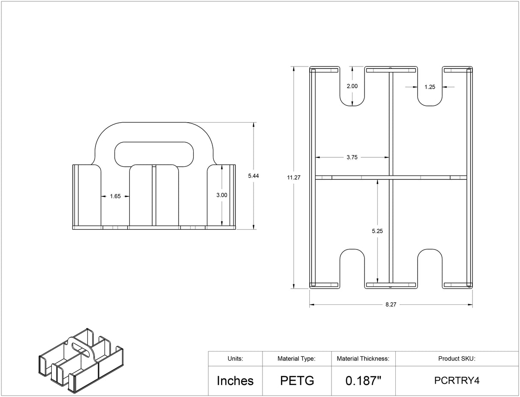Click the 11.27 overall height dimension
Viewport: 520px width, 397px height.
[294, 177]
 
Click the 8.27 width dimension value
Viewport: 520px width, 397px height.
[391, 304]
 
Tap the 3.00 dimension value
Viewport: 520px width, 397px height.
[222, 195]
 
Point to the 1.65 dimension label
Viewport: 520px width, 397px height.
[115, 196]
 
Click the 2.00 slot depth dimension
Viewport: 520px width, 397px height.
[352, 86]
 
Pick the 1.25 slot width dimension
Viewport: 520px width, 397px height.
[430, 87]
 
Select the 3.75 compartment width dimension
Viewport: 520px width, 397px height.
[352, 157]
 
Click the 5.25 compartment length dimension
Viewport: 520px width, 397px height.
[377, 231]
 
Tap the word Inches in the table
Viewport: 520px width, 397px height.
[235, 381]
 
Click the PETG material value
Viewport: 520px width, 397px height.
[297, 381]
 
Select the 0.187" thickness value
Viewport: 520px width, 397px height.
[363, 381]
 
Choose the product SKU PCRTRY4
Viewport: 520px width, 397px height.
[457, 381]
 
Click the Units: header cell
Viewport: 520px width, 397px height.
[235, 359]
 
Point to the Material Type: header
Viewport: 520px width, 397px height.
[296, 359]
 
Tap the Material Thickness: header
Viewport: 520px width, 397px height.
[363, 359]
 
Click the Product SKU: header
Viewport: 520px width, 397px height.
[457, 359]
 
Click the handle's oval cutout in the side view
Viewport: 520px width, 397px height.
[153, 153]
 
